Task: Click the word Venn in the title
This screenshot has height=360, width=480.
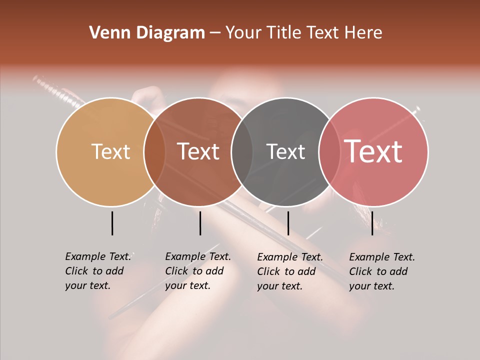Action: click(x=107, y=33)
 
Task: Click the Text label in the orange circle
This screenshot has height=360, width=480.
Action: click(x=110, y=151)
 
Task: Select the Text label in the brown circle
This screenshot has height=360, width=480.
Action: click(x=198, y=151)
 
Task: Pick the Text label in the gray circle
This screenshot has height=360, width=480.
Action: click(x=285, y=151)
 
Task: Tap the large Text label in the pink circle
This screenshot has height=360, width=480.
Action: click(x=373, y=151)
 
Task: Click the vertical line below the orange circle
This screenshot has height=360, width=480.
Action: click(x=112, y=223)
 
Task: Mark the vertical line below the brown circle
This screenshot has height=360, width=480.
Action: click(x=200, y=223)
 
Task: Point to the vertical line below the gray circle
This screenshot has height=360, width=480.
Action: click(x=288, y=223)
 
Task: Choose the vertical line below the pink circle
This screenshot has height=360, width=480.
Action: click(x=372, y=223)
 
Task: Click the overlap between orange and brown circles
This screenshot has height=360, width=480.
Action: click(x=154, y=152)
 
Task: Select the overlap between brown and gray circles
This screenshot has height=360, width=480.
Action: click(x=242, y=152)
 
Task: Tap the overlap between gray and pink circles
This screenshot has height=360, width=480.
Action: click(x=329, y=152)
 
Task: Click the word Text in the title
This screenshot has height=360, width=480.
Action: click(x=324, y=33)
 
